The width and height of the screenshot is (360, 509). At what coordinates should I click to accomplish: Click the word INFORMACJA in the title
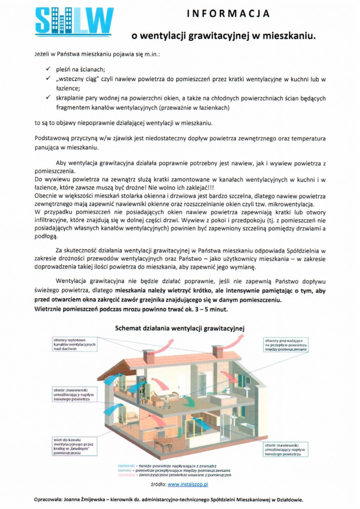coord(228,14)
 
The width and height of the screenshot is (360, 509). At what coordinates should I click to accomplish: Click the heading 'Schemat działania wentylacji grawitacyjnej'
coord(180,328)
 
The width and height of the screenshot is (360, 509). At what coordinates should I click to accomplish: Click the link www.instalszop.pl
coord(187,484)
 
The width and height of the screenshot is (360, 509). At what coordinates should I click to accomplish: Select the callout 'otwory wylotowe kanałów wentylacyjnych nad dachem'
coord(78,344)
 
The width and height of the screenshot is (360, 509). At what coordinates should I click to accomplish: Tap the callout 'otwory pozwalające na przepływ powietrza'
coord(285,344)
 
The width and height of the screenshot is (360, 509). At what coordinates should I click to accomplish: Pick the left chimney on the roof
coord(149,356)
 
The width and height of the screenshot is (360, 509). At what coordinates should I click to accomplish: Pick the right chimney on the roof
coord(218,351)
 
